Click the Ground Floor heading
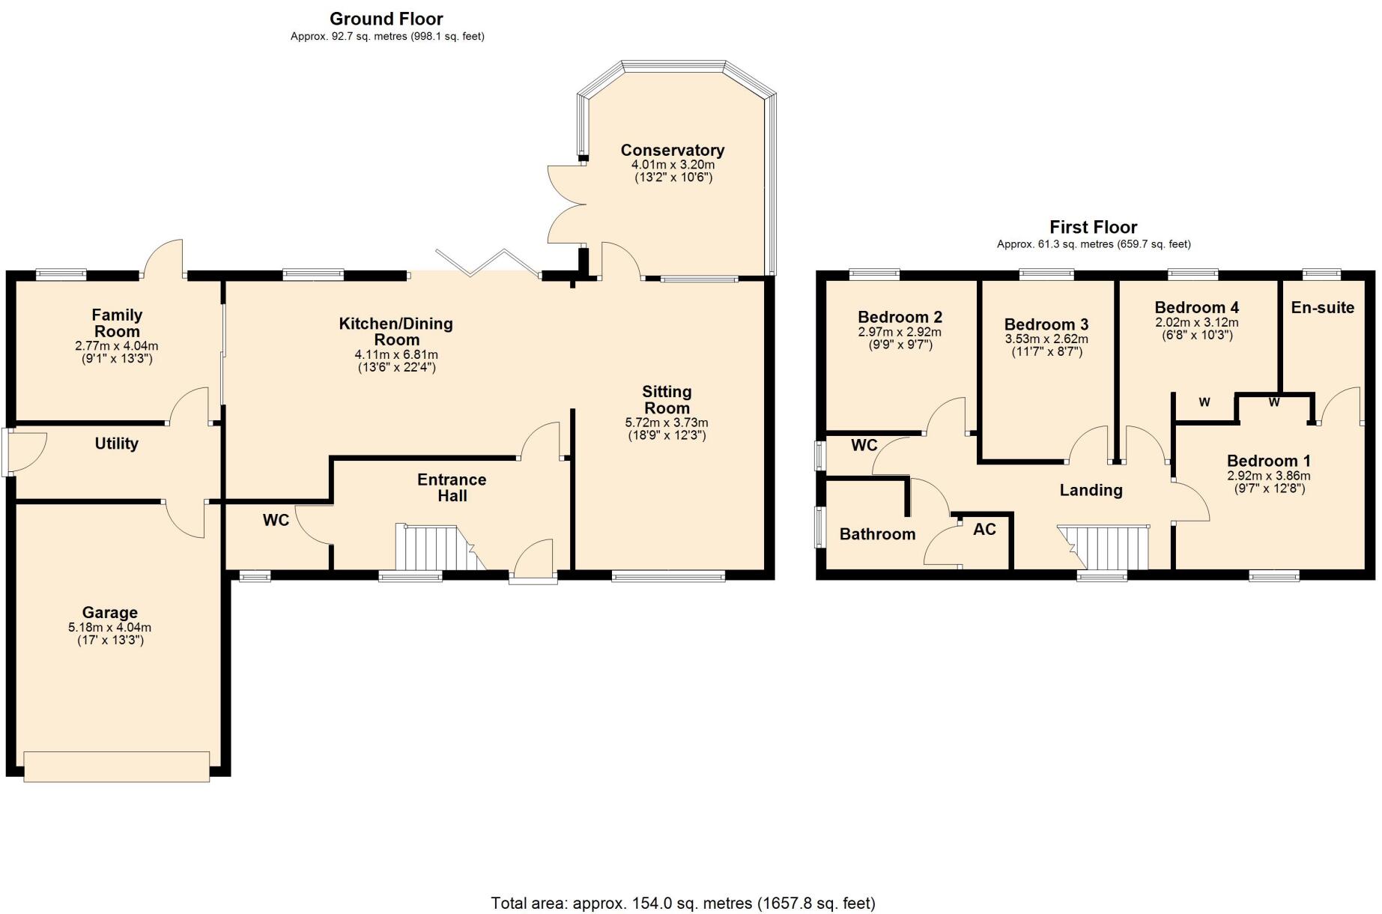386,19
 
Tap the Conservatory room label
672,150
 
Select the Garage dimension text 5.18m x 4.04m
109,628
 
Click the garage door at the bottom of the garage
116,766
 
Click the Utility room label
116,444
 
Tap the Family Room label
117,323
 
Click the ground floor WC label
276,520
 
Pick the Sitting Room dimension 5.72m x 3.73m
666,423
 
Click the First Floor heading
1093,227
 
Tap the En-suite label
1322,307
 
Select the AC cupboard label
984,530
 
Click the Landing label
1091,490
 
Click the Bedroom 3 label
1046,324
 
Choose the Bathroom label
877,534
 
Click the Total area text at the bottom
682,903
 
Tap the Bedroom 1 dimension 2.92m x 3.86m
1268,476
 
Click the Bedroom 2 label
900,317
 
